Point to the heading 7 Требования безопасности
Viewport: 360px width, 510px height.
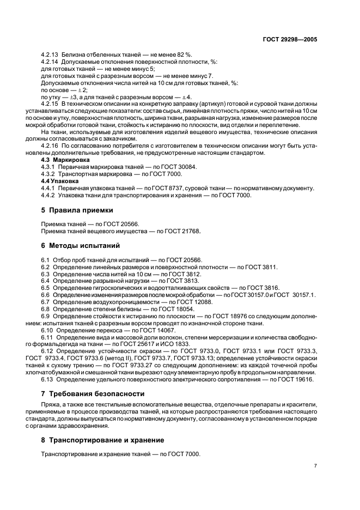93,393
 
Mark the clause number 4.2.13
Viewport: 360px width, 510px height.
52,54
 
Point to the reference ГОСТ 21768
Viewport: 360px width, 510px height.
181,231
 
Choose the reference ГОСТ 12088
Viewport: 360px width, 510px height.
194,302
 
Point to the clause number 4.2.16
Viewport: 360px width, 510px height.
52,147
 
